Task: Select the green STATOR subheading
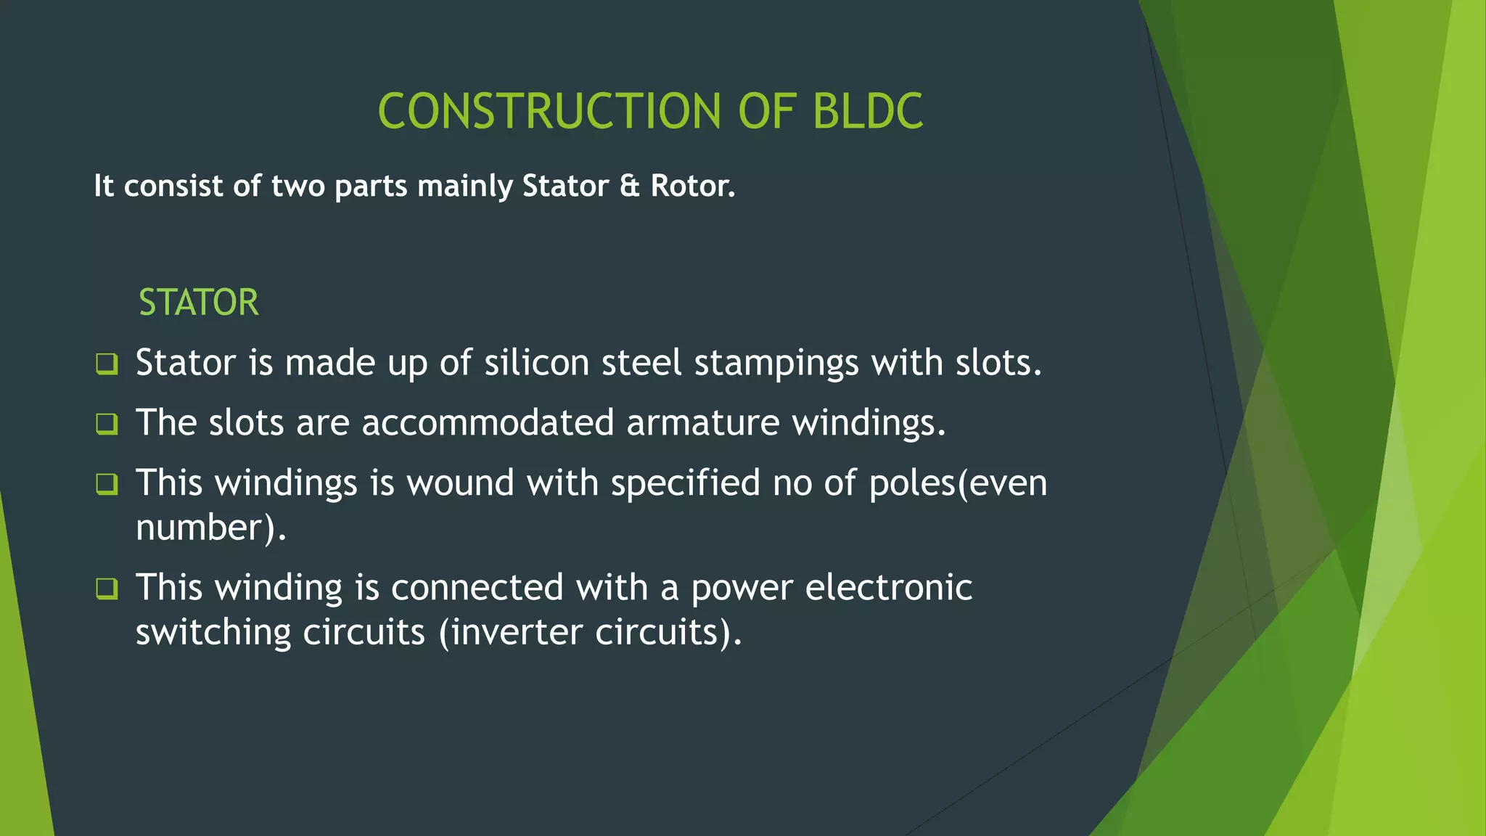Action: click(198, 303)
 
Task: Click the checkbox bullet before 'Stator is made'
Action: click(107, 364)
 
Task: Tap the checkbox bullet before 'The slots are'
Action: click(107, 423)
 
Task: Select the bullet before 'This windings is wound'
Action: click(107, 483)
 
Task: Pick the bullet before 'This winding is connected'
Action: click(107, 588)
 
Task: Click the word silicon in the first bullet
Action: click(536, 362)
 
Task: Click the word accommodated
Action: click(488, 422)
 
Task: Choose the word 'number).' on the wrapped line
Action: click(211, 528)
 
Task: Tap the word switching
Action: click(212, 633)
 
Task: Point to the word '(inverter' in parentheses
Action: click(510, 632)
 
